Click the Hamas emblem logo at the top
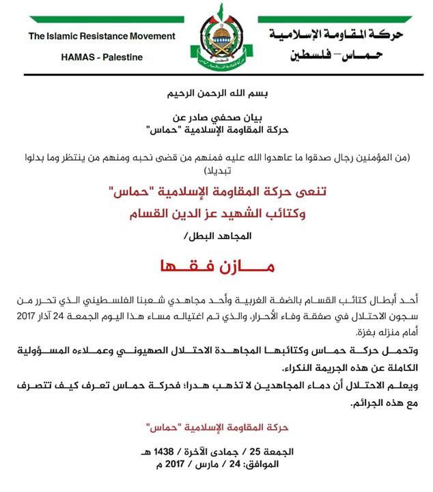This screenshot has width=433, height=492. coord(216,41)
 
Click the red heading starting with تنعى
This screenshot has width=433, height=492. coord(216,193)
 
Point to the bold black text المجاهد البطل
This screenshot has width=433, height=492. coord(216,236)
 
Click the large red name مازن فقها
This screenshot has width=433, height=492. coord(216,266)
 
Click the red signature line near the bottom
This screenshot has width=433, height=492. coord(216,428)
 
